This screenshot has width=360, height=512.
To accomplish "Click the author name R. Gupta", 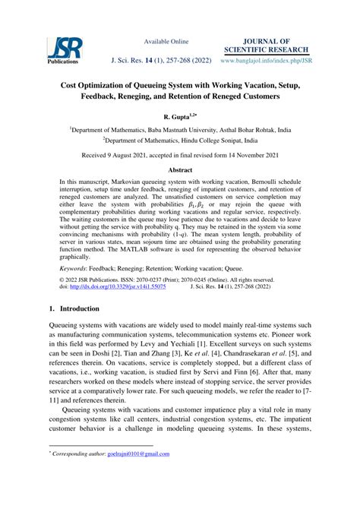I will [x=176, y=118].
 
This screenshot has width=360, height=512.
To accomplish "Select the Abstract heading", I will [x=179, y=172].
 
